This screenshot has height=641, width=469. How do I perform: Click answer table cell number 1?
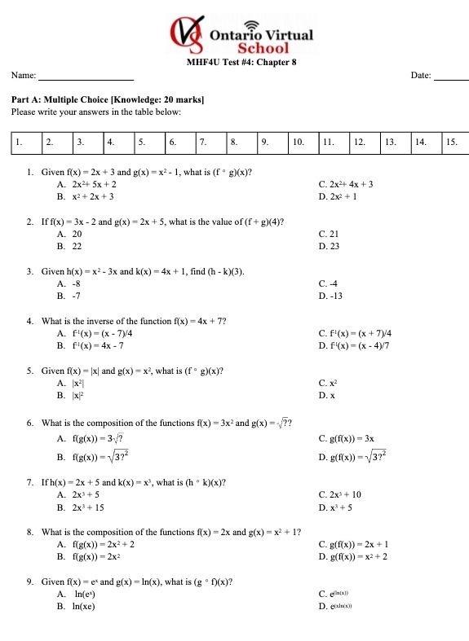(x=27, y=142)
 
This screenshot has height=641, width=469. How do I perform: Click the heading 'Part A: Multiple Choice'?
(x=108, y=99)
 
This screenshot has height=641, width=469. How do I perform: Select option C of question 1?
(x=346, y=185)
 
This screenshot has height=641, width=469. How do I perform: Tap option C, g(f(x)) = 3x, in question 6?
(x=347, y=438)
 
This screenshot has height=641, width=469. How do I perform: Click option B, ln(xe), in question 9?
(x=79, y=607)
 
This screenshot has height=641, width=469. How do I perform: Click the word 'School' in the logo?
(x=263, y=48)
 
